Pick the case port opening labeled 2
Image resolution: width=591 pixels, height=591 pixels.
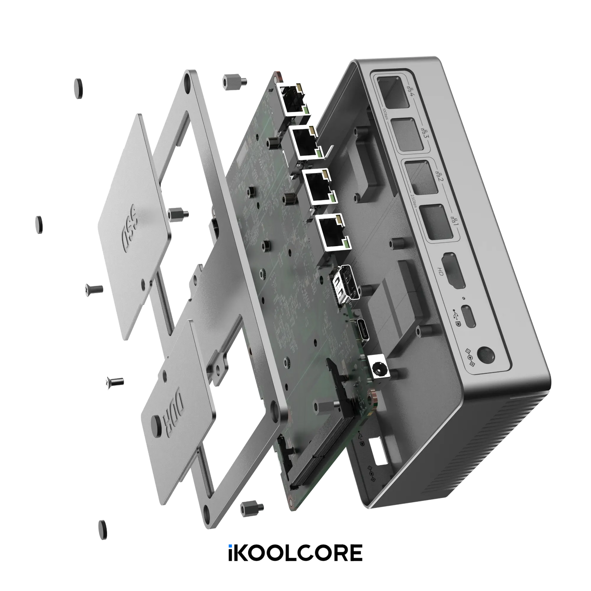coord(419,176)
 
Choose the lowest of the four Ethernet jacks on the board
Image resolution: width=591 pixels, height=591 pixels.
coord(332,233)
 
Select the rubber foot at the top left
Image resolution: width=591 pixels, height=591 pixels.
coord(78,88)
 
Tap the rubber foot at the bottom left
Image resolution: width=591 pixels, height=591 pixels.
coord(102,530)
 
